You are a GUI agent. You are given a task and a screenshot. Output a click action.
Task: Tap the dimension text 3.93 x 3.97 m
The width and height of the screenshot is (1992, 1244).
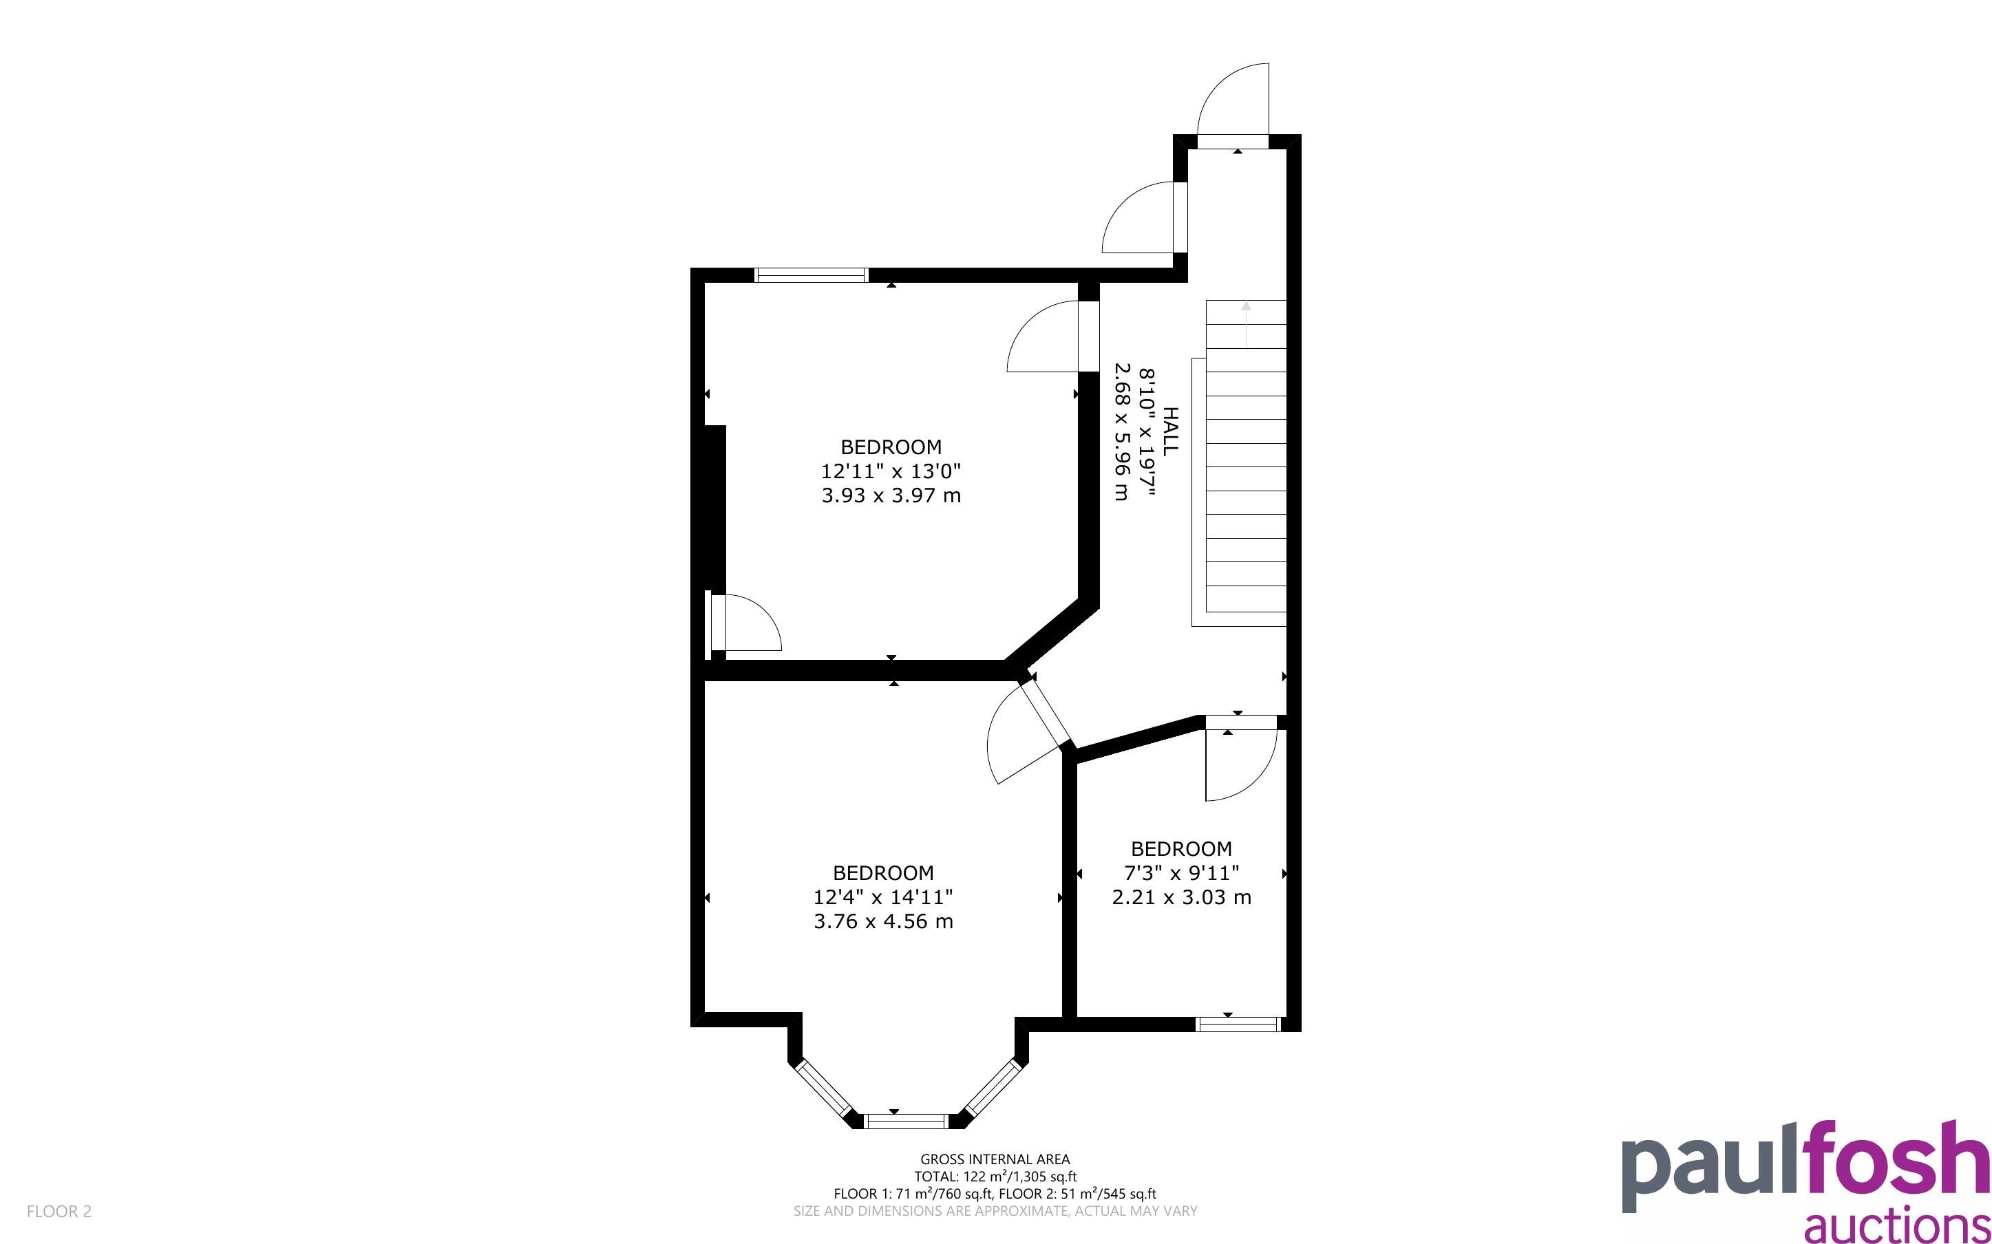(x=891, y=495)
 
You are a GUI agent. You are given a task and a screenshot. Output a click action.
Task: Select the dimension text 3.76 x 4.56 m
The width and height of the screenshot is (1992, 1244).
(x=884, y=921)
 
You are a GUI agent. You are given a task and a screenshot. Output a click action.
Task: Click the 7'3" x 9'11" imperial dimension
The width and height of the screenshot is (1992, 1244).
(x=1182, y=873)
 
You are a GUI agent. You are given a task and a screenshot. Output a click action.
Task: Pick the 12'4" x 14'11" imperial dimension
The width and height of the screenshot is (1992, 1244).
(x=884, y=897)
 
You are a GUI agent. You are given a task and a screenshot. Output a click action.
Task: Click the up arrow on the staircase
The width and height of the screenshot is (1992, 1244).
(x=1246, y=324)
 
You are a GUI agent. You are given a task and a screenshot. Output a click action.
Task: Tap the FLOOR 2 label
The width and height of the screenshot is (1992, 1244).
(x=59, y=1211)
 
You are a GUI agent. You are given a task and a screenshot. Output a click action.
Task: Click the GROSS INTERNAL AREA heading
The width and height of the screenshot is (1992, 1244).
(x=995, y=1159)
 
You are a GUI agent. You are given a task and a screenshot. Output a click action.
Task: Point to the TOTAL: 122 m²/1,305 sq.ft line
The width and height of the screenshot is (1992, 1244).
(x=995, y=1177)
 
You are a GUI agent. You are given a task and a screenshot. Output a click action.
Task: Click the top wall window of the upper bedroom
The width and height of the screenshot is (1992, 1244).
(x=812, y=275)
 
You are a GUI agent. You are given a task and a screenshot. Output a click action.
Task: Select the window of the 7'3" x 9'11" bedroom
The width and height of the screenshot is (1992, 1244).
(x=1238, y=1025)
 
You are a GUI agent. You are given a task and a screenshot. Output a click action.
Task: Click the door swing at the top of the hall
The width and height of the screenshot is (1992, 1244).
(x=1233, y=105)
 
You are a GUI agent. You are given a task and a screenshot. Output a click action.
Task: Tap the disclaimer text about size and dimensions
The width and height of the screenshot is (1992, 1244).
(x=995, y=1211)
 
